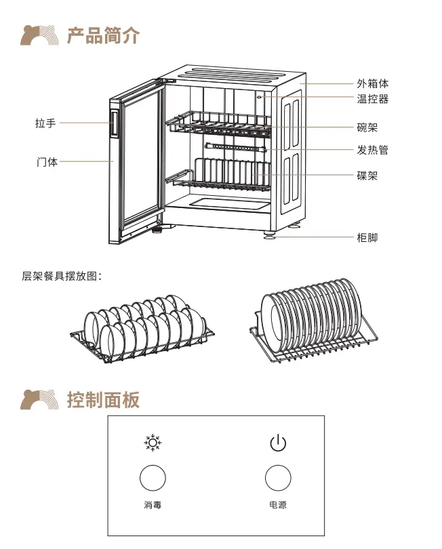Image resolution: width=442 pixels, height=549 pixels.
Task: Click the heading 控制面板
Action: click(103, 399)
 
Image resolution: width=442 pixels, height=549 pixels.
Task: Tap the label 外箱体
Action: click(373, 84)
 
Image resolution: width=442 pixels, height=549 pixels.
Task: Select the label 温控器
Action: click(373, 99)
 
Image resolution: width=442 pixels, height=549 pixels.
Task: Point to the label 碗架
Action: click(367, 127)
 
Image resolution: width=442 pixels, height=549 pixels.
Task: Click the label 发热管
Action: click(373, 150)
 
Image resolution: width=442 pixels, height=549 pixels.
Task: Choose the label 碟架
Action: click(367, 176)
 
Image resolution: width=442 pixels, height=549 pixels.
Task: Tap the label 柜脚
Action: click(367, 237)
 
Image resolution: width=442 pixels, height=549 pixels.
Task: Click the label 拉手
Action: click(45, 123)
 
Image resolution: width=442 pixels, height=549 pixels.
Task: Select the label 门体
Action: click(47, 162)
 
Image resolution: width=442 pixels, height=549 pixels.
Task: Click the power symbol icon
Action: click(278, 444)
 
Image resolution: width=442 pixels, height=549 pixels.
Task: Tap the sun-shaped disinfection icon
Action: click(153, 444)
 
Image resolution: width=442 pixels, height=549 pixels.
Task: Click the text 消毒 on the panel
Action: click(153, 505)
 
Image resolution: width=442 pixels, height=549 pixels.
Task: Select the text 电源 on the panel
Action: click(278, 505)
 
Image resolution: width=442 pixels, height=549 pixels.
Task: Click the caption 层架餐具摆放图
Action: click(62, 277)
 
